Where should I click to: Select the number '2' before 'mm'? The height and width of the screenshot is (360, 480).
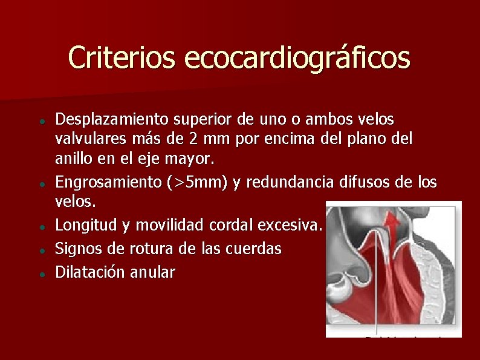[192, 139]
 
